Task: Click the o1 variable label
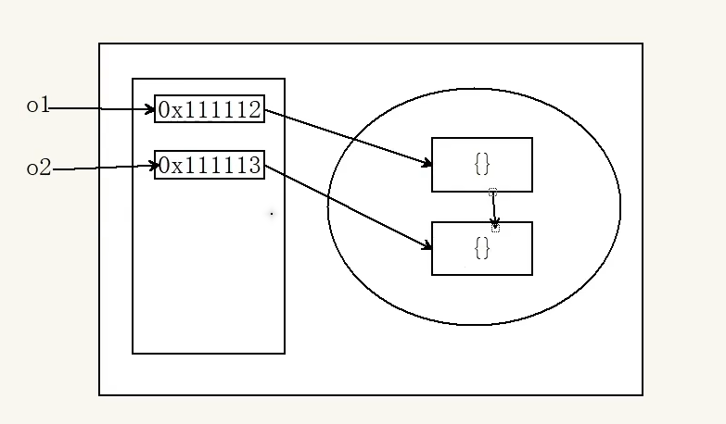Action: tap(37, 106)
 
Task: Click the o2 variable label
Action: tap(38, 168)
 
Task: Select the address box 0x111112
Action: tap(210, 109)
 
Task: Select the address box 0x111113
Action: tap(210, 166)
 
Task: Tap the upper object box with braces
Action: tap(481, 165)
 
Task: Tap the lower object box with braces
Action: tap(481, 248)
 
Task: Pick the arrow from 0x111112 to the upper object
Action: tap(348, 138)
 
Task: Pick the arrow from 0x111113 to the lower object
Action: tap(348, 207)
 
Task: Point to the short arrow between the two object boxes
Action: tap(493, 208)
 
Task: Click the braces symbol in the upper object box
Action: tap(481, 163)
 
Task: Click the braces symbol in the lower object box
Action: tap(481, 247)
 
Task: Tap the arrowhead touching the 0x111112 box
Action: tap(150, 109)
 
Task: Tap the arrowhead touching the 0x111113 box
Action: tap(151, 167)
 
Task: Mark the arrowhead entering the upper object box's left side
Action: tap(427, 164)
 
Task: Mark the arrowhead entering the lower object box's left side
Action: tap(427, 246)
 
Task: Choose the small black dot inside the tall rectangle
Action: tap(272, 214)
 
